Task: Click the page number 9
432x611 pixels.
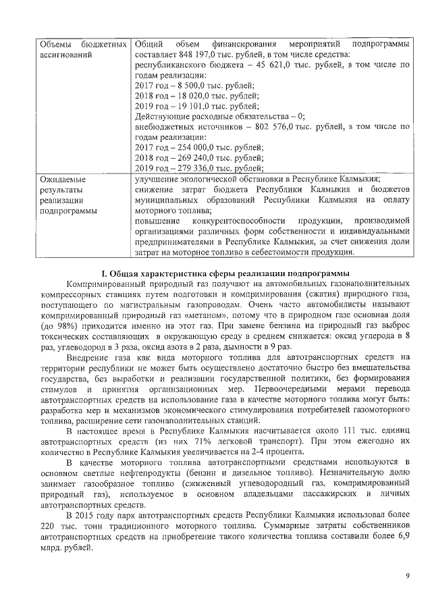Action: (x=407, y=575)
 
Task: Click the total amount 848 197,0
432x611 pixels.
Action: (x=194, y=54)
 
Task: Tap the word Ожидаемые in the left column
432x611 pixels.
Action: (x=63, y=179)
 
